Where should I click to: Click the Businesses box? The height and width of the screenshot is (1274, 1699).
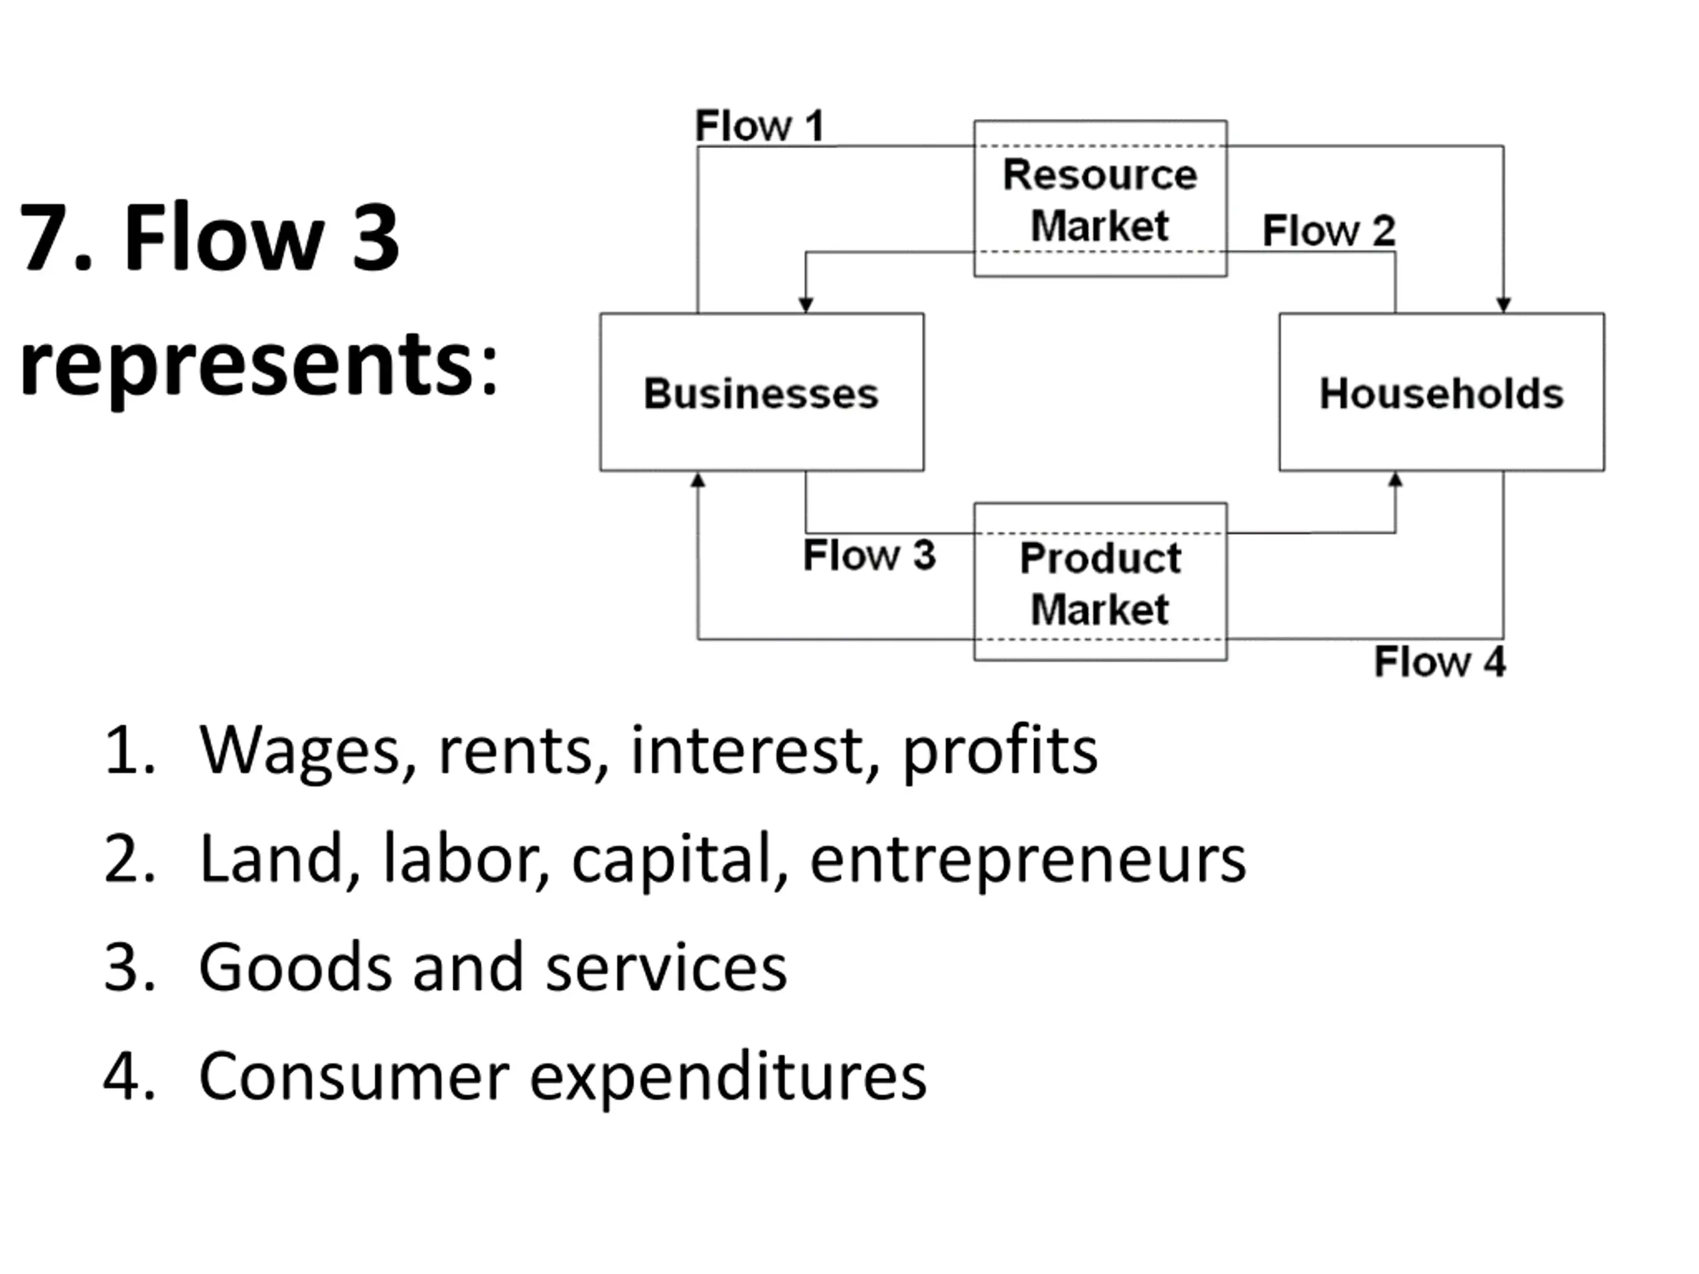point(761,392)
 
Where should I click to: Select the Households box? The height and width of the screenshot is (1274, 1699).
point(1441,392)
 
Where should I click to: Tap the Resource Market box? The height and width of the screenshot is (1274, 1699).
point(1100,199)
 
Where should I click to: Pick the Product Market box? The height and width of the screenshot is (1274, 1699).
point(1100,582)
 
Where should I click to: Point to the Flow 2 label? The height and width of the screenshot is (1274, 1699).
point(1329,230)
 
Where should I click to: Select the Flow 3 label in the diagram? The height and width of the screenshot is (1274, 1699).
point(869,555)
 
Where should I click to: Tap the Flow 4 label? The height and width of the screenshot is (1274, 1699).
point(1440,662)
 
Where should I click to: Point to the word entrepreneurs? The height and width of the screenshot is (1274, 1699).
point(1027,860)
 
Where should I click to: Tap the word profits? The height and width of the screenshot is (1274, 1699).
point(999,750)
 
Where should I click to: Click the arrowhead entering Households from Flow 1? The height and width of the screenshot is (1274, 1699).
point(1503,305)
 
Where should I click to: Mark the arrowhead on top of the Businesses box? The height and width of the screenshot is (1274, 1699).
point(806,305)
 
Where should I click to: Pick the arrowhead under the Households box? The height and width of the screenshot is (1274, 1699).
point(1396,480)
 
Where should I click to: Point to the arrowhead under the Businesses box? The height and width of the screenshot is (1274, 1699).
point(698,480)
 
